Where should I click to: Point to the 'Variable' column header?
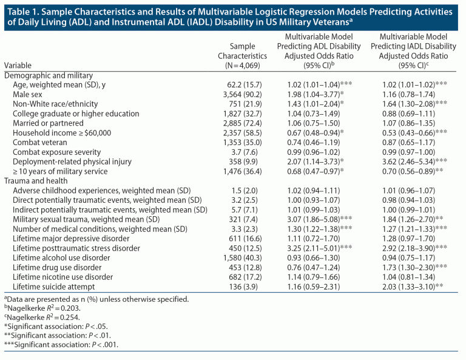[19, 64]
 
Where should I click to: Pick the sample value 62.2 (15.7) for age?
[242, 84]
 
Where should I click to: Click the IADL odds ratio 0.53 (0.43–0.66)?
[416, 131]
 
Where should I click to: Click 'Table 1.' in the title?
[24, 10]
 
